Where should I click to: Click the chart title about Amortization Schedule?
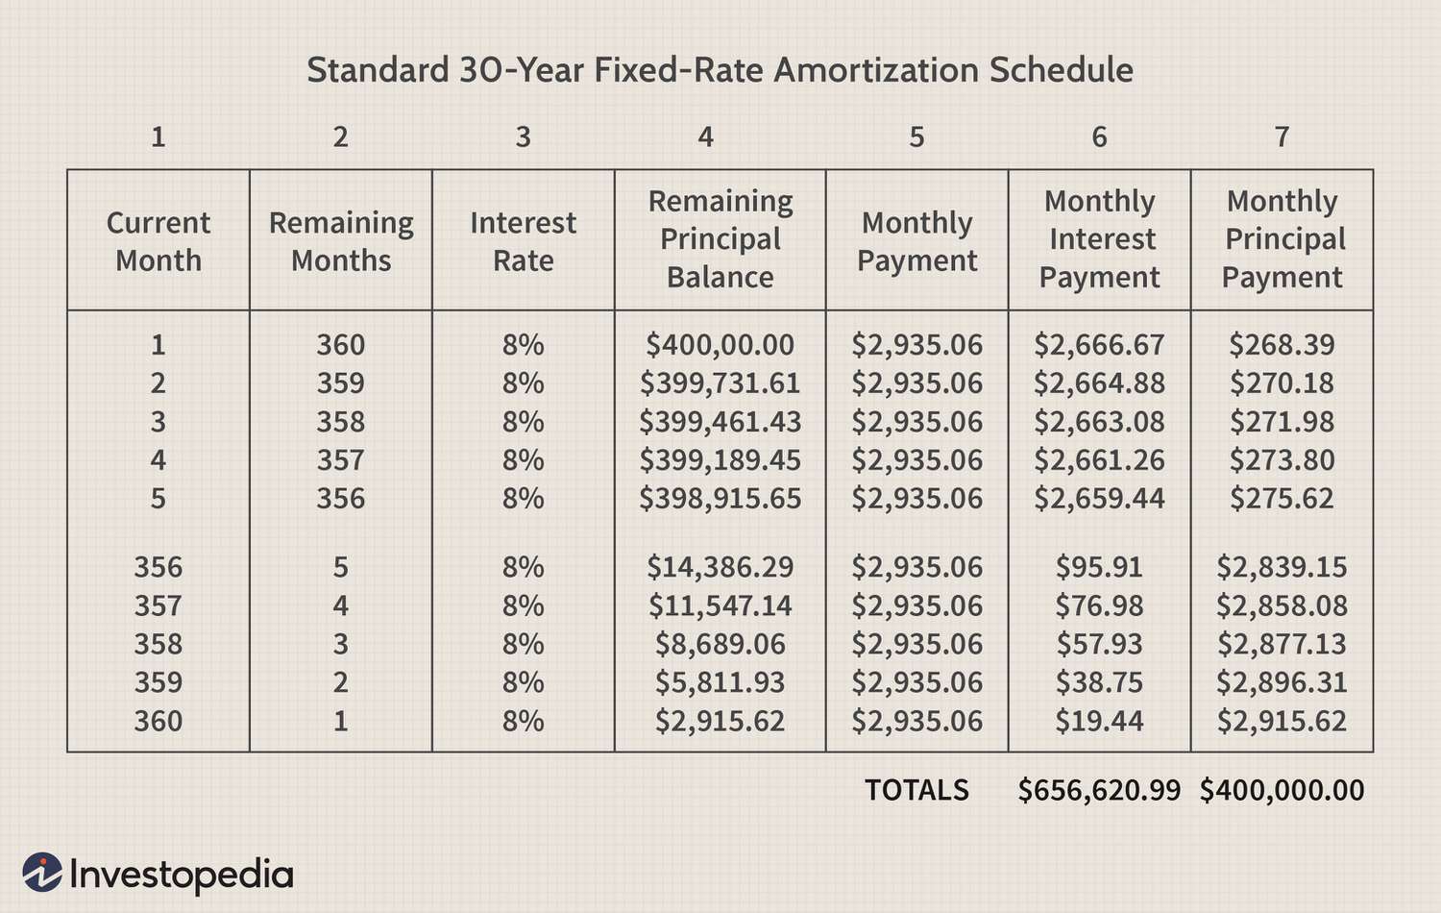720,70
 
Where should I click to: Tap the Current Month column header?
158,241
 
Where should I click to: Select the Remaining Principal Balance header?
720,239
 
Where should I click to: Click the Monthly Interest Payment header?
1099,239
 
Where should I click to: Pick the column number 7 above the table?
1282,137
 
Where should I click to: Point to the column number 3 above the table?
523,137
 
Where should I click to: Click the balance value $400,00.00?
720,345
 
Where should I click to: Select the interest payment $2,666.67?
1099,345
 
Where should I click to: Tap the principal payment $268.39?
1282,345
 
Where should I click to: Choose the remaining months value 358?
341,422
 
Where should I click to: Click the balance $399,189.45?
720,460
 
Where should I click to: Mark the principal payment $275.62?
1282,499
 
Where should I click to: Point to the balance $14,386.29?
720,567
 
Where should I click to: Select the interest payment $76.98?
1099,605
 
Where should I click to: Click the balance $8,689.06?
720,644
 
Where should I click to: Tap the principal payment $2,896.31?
1282,682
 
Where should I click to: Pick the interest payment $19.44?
1099,721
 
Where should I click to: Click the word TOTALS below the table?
916,790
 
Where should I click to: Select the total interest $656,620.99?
1099,790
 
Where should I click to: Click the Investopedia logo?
159,874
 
